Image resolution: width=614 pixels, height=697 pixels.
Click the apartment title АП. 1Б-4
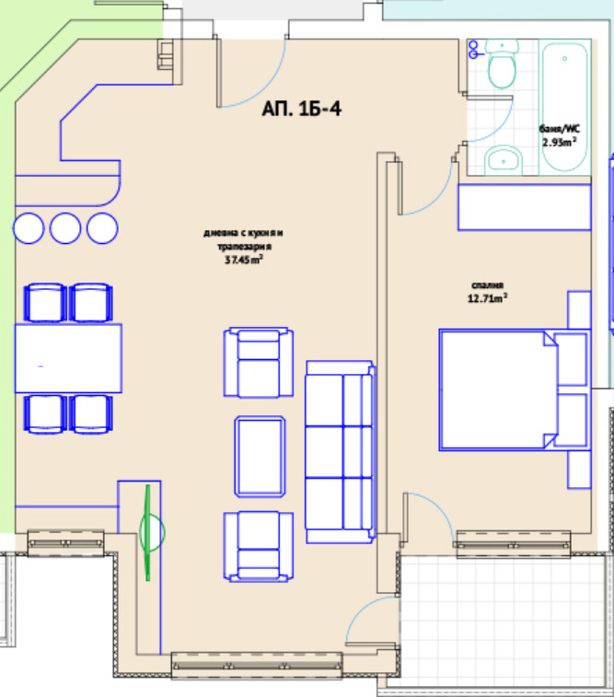pos(302,109)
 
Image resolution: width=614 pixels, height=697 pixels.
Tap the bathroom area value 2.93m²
pos(560,142)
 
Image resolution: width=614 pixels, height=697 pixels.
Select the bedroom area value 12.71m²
pos(487,297)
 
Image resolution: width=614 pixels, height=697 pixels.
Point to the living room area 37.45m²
pos(243,260)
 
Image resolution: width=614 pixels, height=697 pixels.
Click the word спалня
pos(487,285)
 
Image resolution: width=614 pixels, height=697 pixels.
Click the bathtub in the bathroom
pos(564,107)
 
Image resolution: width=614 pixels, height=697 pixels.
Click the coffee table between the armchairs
pos(260,456)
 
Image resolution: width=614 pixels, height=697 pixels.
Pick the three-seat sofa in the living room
pos(340,452)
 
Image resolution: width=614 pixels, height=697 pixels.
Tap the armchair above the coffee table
pos(259,362)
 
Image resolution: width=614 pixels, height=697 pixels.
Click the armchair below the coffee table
pos(259,546)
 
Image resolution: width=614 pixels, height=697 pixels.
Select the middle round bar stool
pos(65,228)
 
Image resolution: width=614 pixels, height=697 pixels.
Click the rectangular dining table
pos(68,358)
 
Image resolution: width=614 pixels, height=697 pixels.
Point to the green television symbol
pos(150,532)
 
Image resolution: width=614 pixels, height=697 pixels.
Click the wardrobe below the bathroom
pos(525,207)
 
